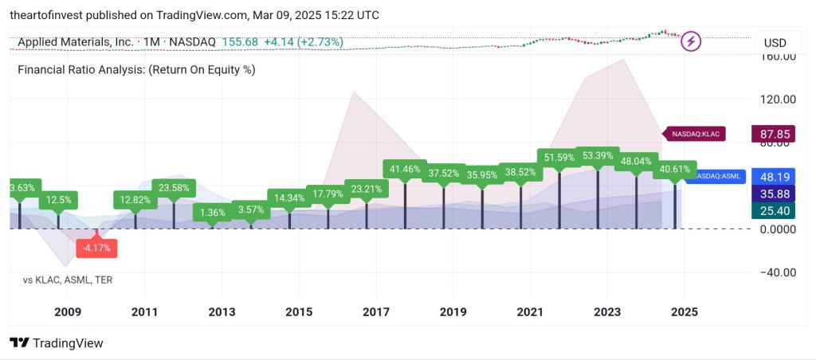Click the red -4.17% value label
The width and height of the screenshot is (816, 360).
click(x=98, y=248)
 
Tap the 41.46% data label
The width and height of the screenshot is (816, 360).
click(x=405, y=169)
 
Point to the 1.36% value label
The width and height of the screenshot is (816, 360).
click(x=213, y=212)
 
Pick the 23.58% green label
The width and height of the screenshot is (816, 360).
click(x=174, y=188)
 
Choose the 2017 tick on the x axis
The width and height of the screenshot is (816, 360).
click(x=376, y=312)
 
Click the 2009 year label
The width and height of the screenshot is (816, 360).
click(x=67, y=312)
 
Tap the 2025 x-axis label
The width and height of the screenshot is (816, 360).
click(x=685, y=312)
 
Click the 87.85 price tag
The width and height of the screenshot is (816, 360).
click(x=775, y=134)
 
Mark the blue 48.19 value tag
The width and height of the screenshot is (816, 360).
click(x=775, y=177)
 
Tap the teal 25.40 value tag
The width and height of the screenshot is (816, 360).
click(x=775, y=210)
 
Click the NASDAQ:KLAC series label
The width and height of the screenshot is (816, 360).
click(x=695, y=134)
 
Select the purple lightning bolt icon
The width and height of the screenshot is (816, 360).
click(x=691, y=41)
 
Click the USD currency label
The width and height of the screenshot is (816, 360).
click(x=775, y=42)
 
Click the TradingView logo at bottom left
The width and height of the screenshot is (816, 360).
click(x=57, y=343)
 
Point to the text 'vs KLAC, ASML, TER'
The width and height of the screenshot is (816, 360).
click(x=68, y=280)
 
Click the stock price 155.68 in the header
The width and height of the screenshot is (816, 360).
click(x=240, y=41)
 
